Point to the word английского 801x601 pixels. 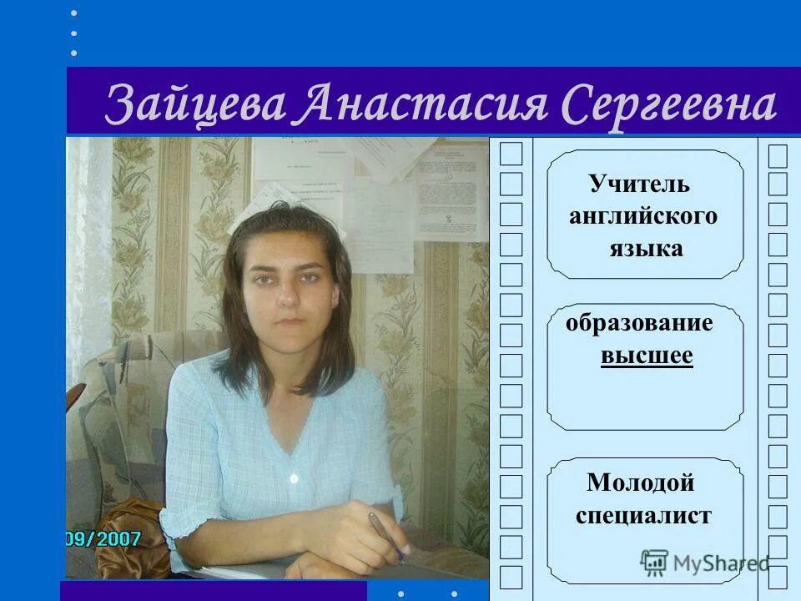tap(643, 216)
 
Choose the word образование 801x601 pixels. tap(639, 323)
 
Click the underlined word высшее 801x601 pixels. tap(647, 356)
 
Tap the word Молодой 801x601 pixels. tap(641, 482)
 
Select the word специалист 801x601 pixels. tap(643, 515)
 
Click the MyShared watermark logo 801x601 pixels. tap(705, 563)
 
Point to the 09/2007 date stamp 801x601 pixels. tap(103, 538)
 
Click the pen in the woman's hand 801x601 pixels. tap(385, 534)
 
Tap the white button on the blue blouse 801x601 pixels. tap(293, 478)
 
